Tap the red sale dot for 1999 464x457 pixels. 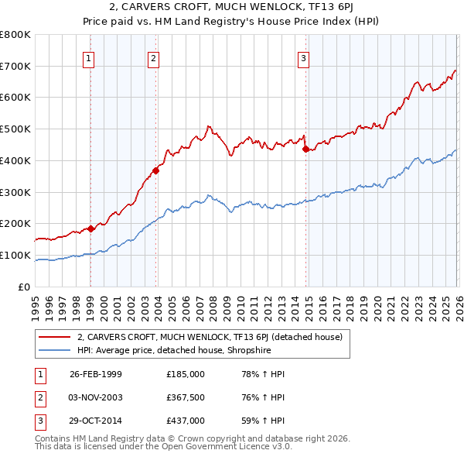[x=90, y=228]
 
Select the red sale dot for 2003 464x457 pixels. [x=155, y=171]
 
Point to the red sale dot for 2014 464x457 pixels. [x=305, y=149]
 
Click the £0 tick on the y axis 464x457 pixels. [x=25, y=287]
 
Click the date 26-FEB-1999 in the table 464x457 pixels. [x=95, y=374]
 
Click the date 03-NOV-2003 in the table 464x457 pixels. [x=95, y=397]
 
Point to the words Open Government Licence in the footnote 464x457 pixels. [x=208, y=447]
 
